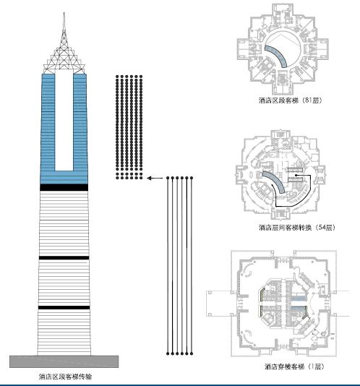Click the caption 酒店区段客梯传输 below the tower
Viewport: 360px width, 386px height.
click(65, 377)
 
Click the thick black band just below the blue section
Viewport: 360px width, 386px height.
click(64, 188)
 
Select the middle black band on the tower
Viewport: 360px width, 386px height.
click(64, 258)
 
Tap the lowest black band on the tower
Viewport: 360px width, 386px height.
click(64, 309)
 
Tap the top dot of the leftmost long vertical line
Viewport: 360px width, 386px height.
click(168, 177)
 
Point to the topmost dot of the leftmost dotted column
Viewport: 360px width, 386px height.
click(118, 75)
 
